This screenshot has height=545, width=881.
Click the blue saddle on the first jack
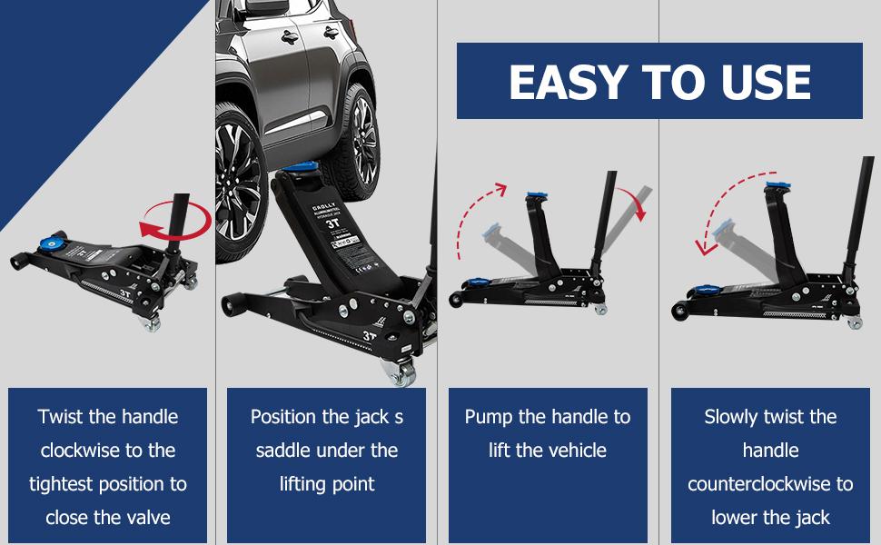pos(51,243)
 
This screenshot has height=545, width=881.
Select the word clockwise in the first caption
pos(81,451)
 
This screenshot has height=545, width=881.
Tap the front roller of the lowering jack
pos(678,312)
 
